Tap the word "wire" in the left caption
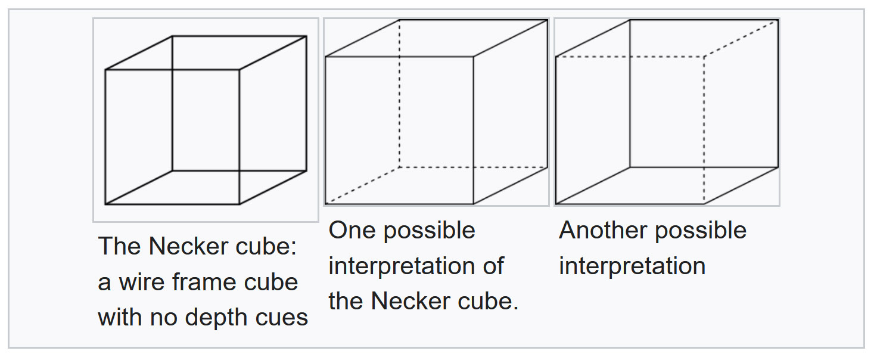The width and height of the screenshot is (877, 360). (x=141, y=282)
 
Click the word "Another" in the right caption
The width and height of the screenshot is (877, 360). (x=604, y=230)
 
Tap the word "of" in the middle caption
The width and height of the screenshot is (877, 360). (x=493, y=265)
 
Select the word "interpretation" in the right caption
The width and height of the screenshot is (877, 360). (x=632, y=266)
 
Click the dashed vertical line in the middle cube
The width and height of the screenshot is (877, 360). (x=399, y=94)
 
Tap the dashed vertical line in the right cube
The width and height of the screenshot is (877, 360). (x=704, y=131)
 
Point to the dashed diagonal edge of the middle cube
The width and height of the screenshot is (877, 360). (x=362, y=186)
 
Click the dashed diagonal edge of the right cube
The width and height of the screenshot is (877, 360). (x=741, y=38)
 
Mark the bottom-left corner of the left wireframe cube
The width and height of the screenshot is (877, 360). (x=105, y=204)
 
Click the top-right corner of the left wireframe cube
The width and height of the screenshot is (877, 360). (x=307, y=36)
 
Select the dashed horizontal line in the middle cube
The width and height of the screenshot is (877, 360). (x=473, y=167)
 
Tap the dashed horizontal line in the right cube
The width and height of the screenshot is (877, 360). (x=630, y=57)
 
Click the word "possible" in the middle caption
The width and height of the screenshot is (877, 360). (x=429, y=231)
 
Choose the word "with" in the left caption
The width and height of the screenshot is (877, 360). (x=120, y=317)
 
